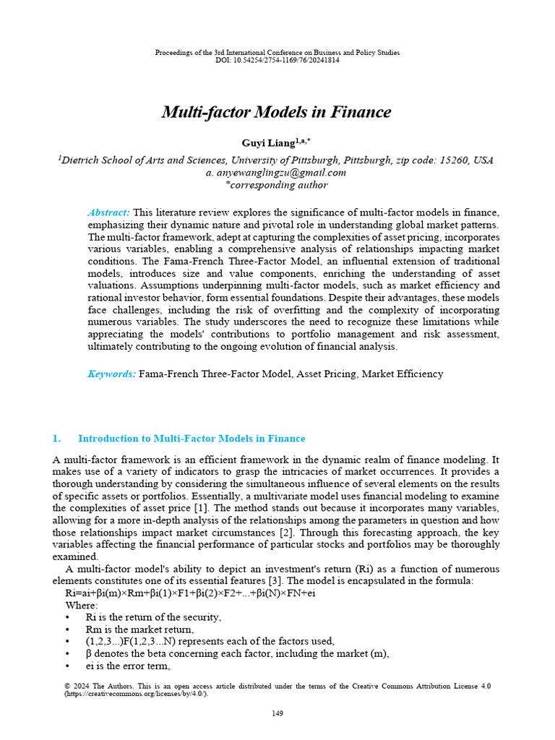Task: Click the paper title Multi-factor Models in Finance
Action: coord(276,112)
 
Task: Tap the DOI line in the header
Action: coord(277,61)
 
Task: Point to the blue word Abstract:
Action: coord(108,212)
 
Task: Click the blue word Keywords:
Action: coord(111,374)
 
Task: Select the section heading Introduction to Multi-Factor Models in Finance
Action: coord(192,439)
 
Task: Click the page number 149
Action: coord(277,713)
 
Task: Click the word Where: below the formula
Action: coord(82,606)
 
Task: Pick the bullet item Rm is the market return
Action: coord(139,629)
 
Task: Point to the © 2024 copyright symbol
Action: coord(58,685)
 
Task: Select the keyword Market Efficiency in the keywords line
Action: coord(403,374)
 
